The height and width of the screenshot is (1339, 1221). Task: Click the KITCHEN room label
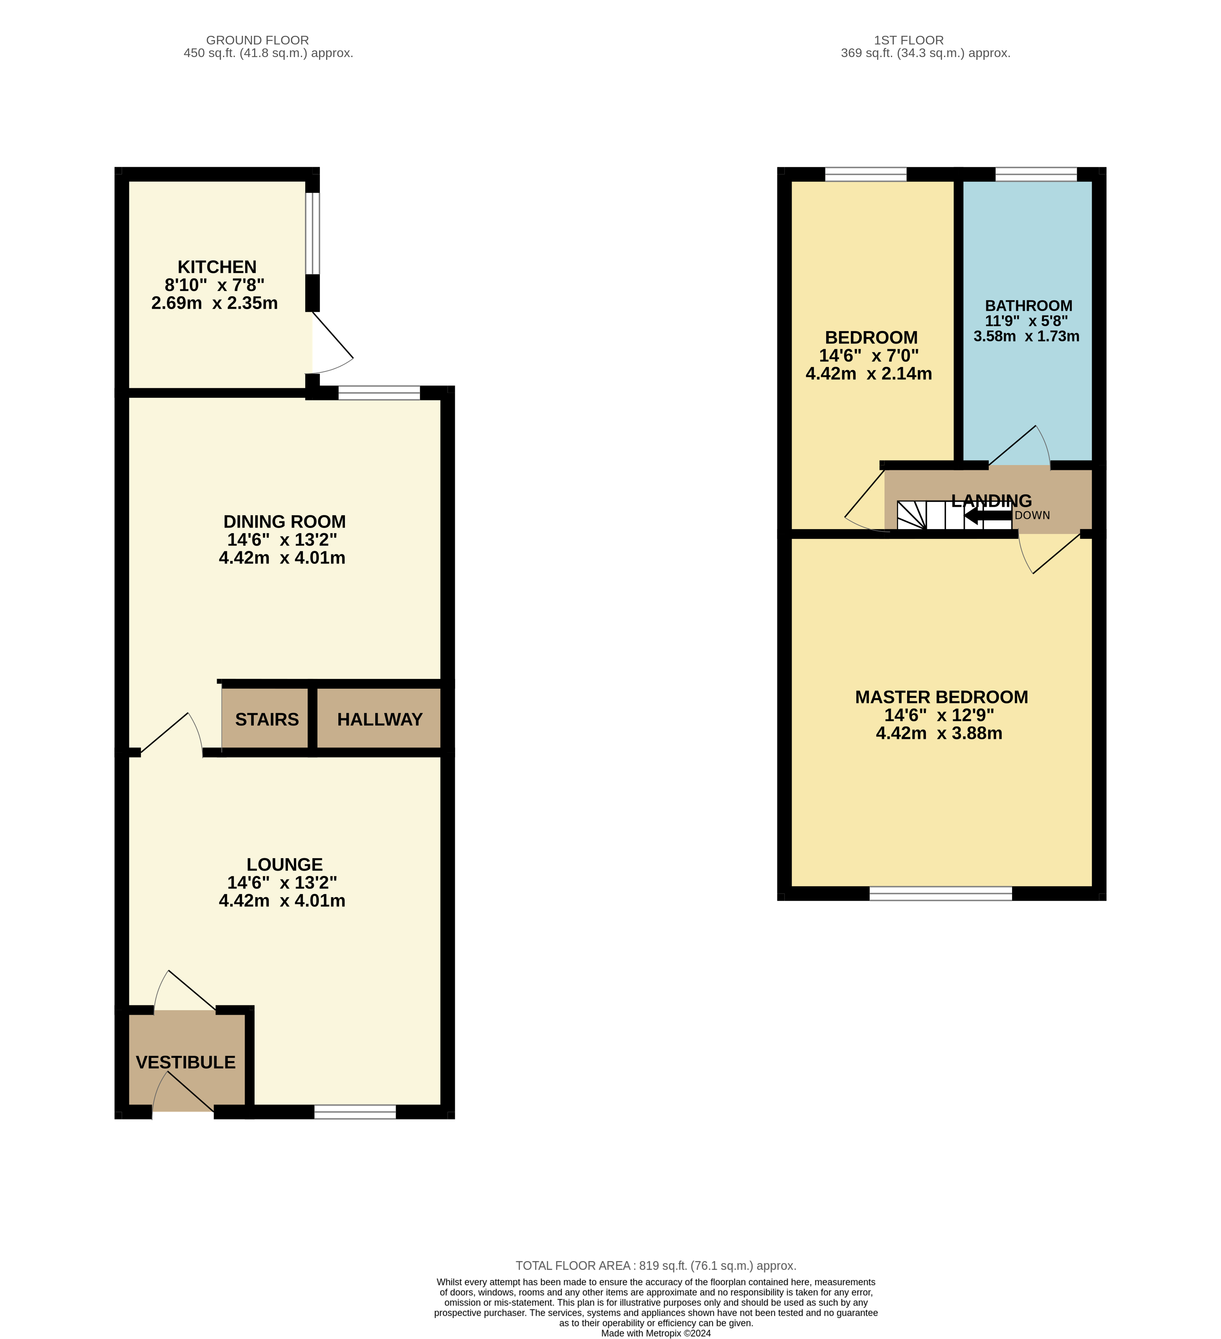coord(217,267)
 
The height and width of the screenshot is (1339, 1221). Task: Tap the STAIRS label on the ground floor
coord(266,719)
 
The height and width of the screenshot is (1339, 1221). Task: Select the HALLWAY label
coord(379,719)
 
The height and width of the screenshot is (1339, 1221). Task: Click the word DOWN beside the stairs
coord(1032,515)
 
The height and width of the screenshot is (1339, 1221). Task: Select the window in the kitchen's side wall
coord(313,233)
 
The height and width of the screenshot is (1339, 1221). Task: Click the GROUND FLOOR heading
coord(257,41)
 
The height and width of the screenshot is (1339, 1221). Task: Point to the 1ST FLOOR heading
coord(908,41)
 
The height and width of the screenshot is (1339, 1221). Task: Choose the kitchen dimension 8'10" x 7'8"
coord(214,285)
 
